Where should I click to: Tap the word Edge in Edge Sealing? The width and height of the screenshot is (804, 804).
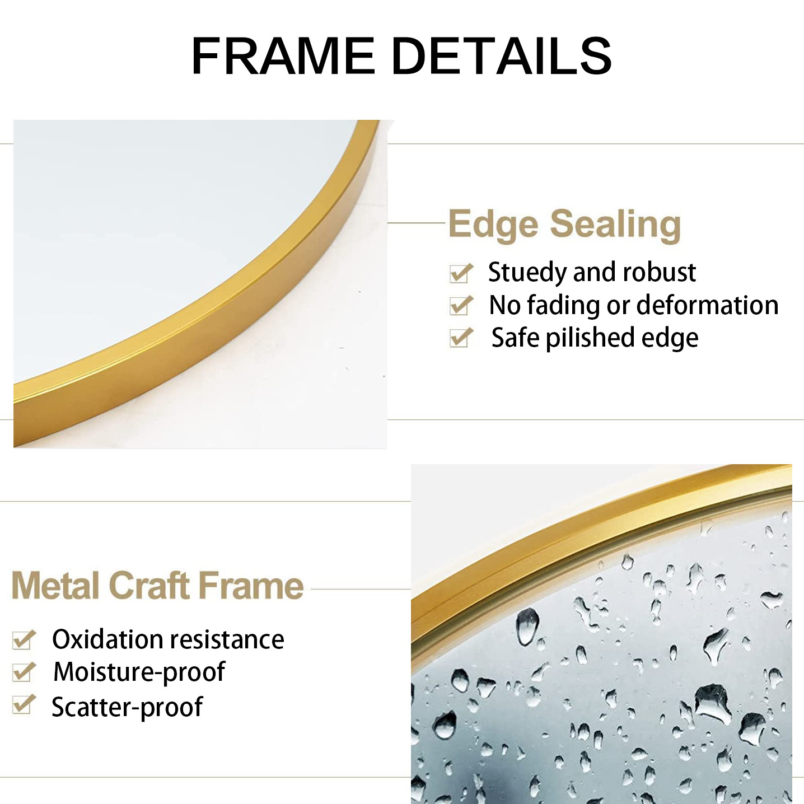click(493, 225)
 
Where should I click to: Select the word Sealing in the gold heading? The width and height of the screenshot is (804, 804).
click(615, 225)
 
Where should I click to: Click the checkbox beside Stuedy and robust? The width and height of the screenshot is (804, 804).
click(461, 274)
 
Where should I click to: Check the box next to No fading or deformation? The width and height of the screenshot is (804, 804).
click(461, 306)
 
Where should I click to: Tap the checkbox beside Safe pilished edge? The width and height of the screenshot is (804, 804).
click(461, 338)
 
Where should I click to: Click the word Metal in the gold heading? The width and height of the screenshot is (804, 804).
click(56, 586)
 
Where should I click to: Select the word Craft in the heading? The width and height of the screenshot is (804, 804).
click(149, 586)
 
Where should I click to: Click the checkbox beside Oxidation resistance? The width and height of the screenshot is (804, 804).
click(24, 640)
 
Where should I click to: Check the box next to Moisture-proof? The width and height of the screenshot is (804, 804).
click(24, 672)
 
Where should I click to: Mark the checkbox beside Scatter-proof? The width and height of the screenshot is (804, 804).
click(24, 705)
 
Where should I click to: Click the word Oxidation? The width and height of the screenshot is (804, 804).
click(107, 639)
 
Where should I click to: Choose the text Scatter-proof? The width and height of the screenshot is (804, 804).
click(127, 707)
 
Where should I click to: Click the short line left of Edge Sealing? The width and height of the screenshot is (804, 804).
click(417, 223)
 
